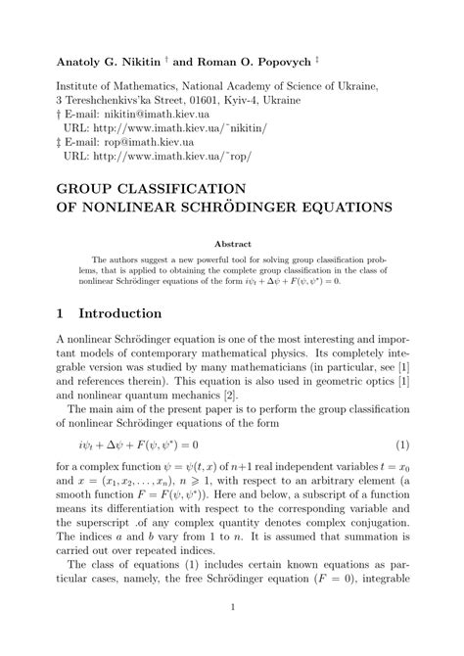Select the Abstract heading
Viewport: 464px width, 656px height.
tap(232, 244)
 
